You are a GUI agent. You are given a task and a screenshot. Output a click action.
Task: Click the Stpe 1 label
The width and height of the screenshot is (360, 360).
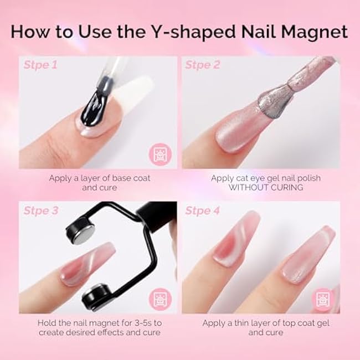42,65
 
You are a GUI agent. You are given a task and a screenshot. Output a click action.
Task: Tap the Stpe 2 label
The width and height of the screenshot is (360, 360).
203,65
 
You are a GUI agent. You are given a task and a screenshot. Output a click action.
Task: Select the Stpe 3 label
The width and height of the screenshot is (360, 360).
42,210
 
